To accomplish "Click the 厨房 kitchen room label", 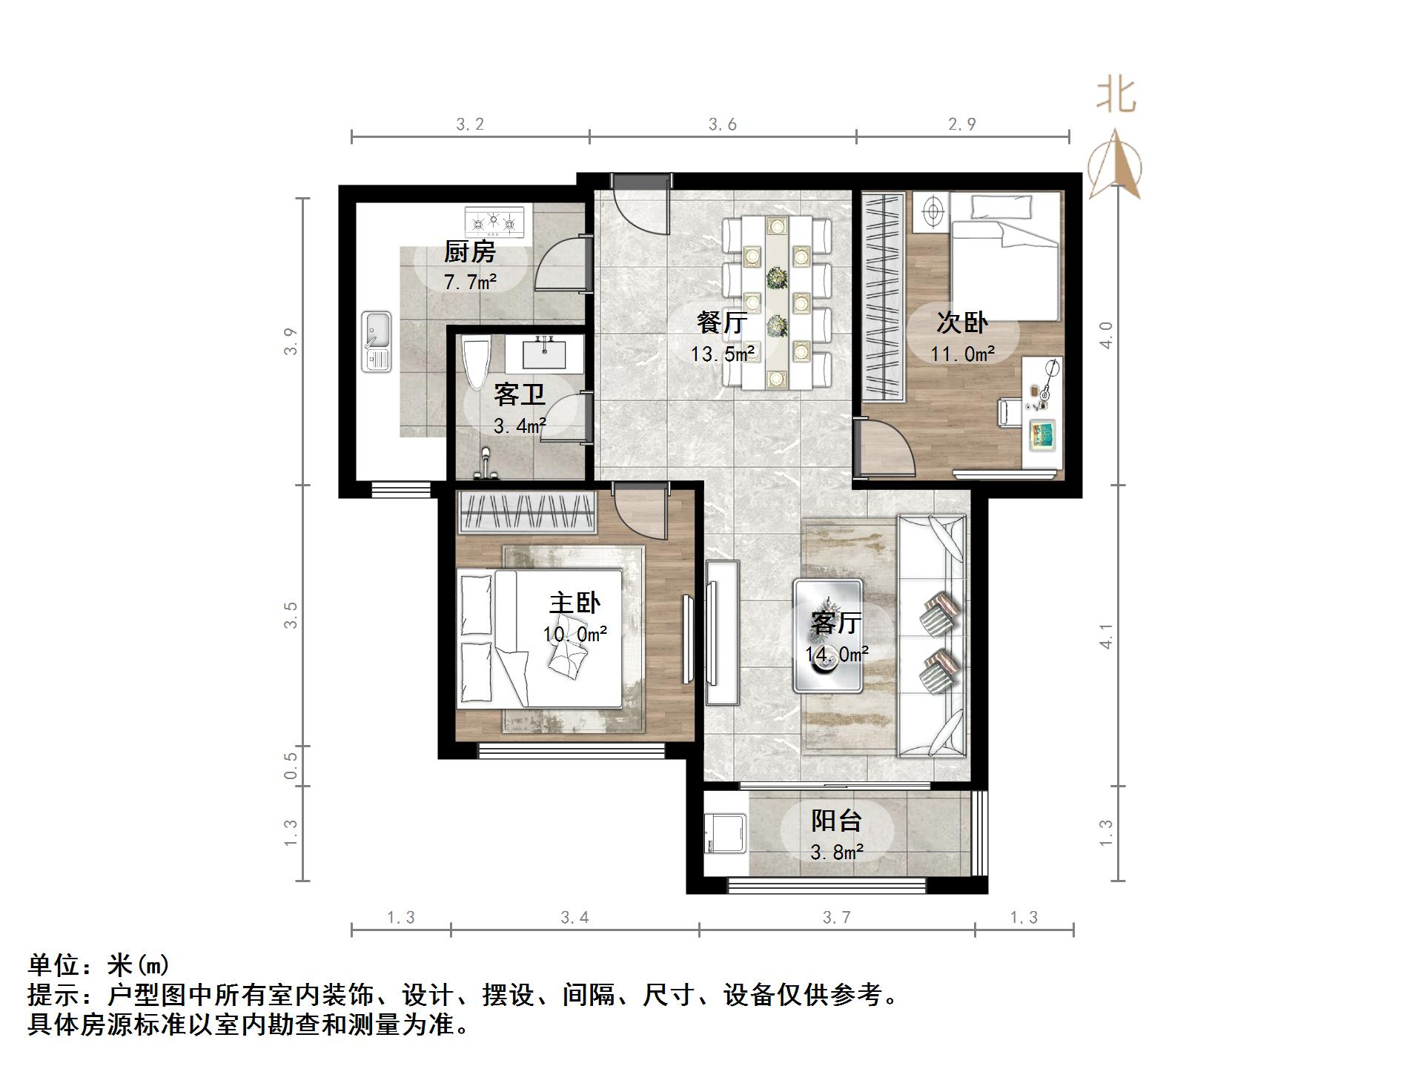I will [x=469, y=253].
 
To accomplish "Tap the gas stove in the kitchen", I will [x=494, y=221].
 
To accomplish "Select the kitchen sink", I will [x=377, y=341].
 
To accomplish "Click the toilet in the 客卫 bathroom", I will [x=476, y=363].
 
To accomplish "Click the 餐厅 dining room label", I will [x=721, y=323].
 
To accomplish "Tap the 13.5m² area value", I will [x=723, y=354].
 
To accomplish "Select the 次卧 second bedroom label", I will [x=961, y=322].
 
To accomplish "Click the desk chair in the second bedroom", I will [x=1010, y=411].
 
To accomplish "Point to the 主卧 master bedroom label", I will [x=574, y=603].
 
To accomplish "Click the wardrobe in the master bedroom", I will [x=528, y=512].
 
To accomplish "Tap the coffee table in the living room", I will [x=828, y=636].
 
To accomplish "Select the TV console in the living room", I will [x=722, y=632].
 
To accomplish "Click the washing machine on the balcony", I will [x=726, y=835].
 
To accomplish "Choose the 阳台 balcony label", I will [x=836, y=821].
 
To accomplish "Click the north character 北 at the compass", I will [x=1116, y=96].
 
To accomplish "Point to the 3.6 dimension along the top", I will [x=722, y=125].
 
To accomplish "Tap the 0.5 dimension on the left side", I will [x=291, y=766].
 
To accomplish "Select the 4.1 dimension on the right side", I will [x=1106, y=636].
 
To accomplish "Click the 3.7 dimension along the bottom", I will [x=836, y=918].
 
